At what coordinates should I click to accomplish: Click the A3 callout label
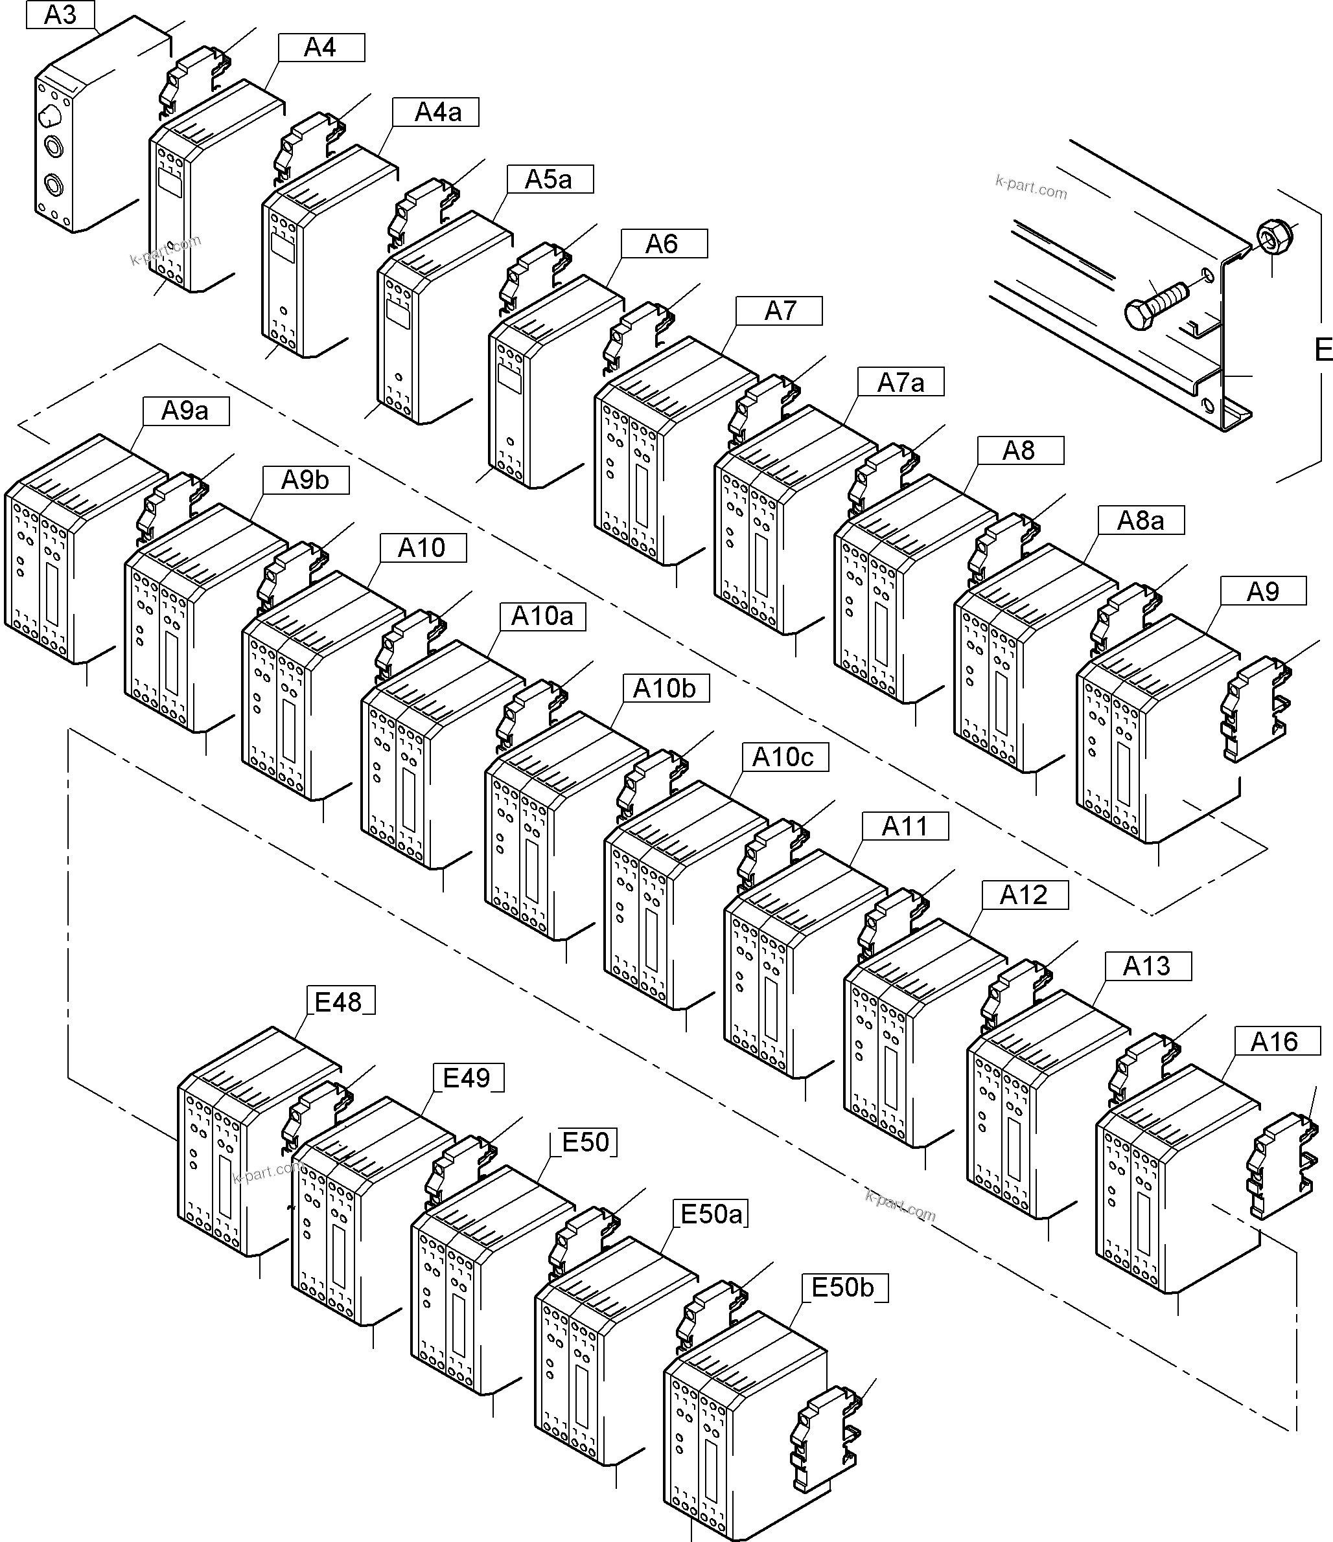click(60, 14)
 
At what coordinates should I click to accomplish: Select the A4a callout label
click(438, 113)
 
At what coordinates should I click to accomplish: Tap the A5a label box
click(549, 179)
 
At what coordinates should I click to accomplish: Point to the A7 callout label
click(779, 310)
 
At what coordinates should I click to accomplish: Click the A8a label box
click(1140, 520)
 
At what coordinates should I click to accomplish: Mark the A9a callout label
click(185, 411)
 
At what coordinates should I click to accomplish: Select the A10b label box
click(664, 688)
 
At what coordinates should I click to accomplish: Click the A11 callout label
click(905, 826)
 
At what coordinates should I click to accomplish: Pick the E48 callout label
click(340, 1002)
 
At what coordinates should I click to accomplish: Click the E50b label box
click(844, 1287)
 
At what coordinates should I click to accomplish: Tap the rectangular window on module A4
click(170, 183)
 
